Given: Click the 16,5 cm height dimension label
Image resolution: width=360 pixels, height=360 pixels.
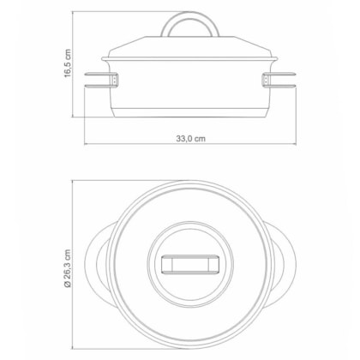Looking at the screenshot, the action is click(68, 63).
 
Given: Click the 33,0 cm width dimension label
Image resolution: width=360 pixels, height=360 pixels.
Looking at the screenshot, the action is click(190, 139).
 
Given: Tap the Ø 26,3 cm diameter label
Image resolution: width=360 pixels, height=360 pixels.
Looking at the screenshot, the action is click(68, 268).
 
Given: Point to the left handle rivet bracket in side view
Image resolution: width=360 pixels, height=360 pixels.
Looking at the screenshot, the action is click(114, 80).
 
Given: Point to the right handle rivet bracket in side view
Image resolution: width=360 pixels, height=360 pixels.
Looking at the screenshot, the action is click(266, 80).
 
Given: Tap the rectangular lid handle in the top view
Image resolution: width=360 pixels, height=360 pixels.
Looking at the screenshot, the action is click(190, 264).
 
